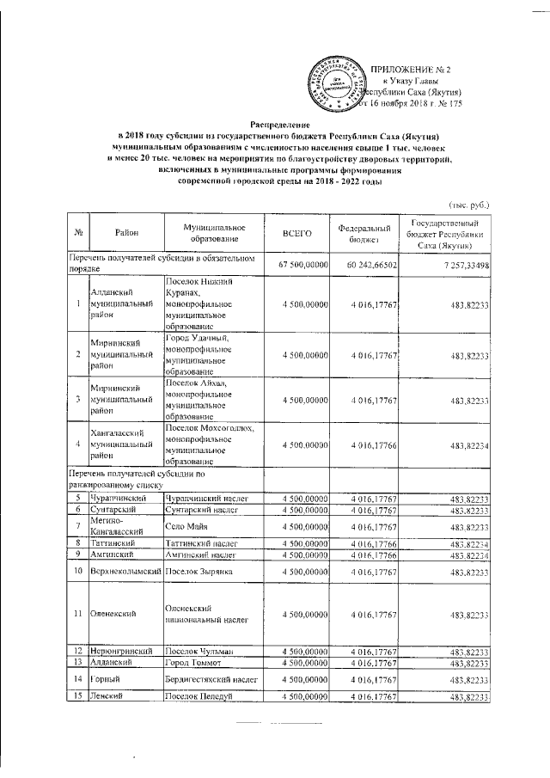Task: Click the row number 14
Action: tap(77, 680)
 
